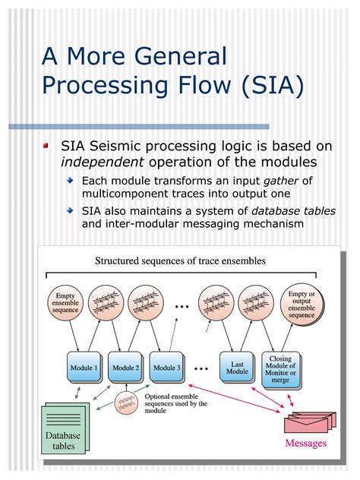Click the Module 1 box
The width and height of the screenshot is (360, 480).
pos(84,368)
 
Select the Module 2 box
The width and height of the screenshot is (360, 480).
pos(125,368)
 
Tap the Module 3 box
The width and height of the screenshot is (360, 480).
pos(166,368)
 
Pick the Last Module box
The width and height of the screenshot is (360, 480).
pos(237,368)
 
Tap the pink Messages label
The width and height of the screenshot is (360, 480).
pos(305,444)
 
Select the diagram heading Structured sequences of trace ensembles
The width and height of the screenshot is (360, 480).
pos(180,261)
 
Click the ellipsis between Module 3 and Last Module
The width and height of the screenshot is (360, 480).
pos(201,368)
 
